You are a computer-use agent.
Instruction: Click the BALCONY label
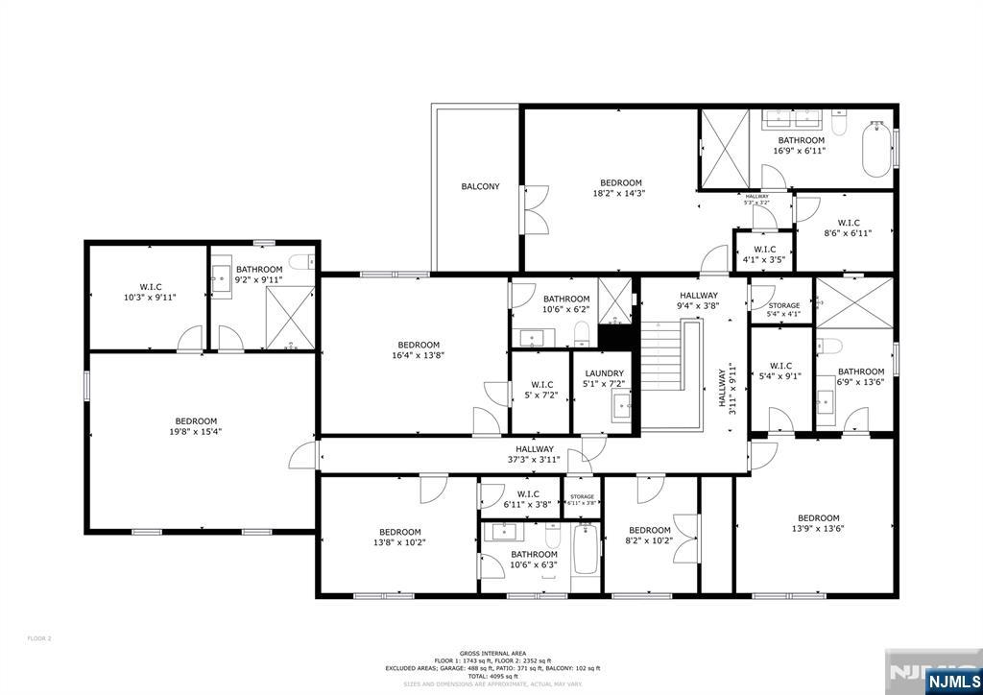[x=480, y=186]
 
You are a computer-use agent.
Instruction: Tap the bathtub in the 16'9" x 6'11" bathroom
[x=875, y=152]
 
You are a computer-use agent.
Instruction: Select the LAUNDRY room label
[x=603, y=373]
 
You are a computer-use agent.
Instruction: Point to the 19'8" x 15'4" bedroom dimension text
[x=196, y=431]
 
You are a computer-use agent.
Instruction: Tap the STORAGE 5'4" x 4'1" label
[x=782, y=309]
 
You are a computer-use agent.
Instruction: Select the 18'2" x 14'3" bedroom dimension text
[x=619, y=193]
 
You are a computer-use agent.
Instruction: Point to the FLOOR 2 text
[x=39, y=638]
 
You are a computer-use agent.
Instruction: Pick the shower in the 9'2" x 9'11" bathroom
[x=289, y=317]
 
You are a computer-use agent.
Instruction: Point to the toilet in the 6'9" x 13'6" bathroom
[x=830, y=346]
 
